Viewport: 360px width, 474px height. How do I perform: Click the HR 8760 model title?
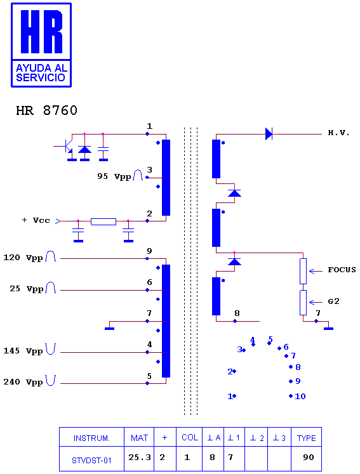pyautogui.click(x=46, y=110)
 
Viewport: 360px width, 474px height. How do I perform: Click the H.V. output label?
pyautogui.click(x=338, y=133)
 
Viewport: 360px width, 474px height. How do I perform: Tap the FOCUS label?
pyautogui.click(x=342, y=270)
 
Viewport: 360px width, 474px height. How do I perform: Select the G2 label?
pyautogui.click(x=334, y=301)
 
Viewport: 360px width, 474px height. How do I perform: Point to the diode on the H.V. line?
pyautogui.click(x=269, y=134)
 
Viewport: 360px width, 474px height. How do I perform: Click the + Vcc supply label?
pyautogui.click(x=36, y=220)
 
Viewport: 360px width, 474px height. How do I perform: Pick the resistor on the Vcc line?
pyautogui.click(x=103, y=221)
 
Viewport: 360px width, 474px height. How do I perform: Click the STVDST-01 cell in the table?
pyautogui.click(x=91, y=461)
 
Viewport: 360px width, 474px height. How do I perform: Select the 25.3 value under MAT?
pyautogui.click(x=140, y=458)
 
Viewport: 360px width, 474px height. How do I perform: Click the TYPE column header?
pyautogui.click(x=306, y=438)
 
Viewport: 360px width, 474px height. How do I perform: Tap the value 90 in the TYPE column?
pyautogui.click(x=309, y=458)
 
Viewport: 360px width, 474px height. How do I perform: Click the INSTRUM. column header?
pyautogui.click(x=91, y=438)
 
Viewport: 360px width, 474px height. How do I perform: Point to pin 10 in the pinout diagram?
pyautogui.click(x=298, y=396)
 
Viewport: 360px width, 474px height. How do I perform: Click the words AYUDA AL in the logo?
pyautogui.click(x=41, y=68)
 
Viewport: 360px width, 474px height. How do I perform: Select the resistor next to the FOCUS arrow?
pyautogui.click(x=303, y=271)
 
